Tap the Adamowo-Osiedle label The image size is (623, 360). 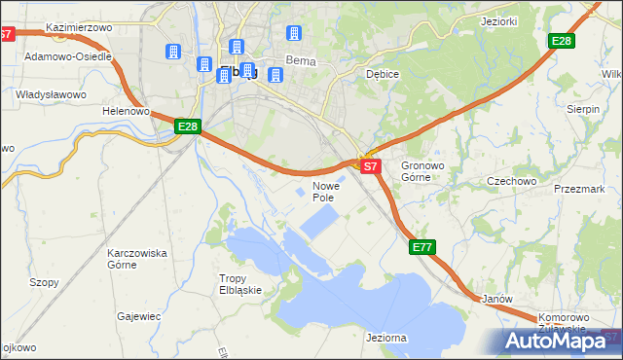point(68,56)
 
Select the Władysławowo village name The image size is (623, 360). point(52,94)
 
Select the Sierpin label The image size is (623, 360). point(582,110)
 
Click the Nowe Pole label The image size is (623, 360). point(325,191)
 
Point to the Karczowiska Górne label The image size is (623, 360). point(137,259)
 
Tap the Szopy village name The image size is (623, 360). point(44,282)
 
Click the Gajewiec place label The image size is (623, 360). point(138,316)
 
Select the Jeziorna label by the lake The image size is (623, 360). point(386,338)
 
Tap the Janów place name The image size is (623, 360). point(496,299)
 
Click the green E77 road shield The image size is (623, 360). point(421,248)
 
